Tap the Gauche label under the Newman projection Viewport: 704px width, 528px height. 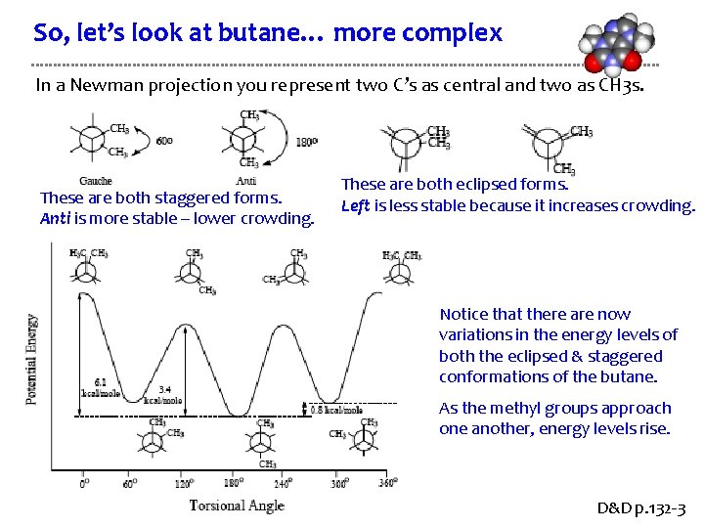tap(96, 181)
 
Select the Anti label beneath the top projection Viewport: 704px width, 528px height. tap(245, 181)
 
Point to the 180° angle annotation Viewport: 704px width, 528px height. tap(306, 142)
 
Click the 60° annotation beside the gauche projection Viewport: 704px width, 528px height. tap(165, 141)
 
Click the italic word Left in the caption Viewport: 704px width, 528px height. tap(353, 205)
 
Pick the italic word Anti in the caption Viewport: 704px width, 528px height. tap(54, 218)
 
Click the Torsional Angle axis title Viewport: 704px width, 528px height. tap(237, 506)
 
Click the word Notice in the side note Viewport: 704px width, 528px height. tap(462, 314)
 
